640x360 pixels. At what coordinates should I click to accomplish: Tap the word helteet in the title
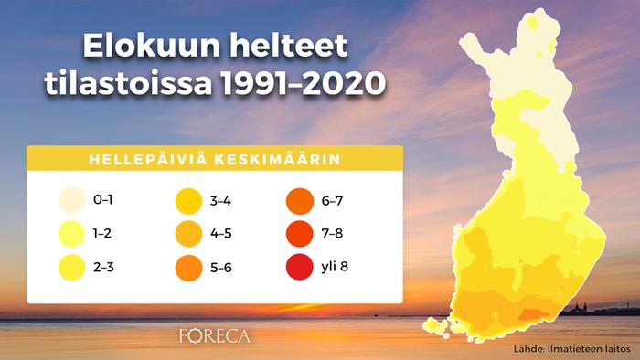click(293, 46)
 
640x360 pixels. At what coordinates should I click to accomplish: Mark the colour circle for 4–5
click(187, 234)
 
